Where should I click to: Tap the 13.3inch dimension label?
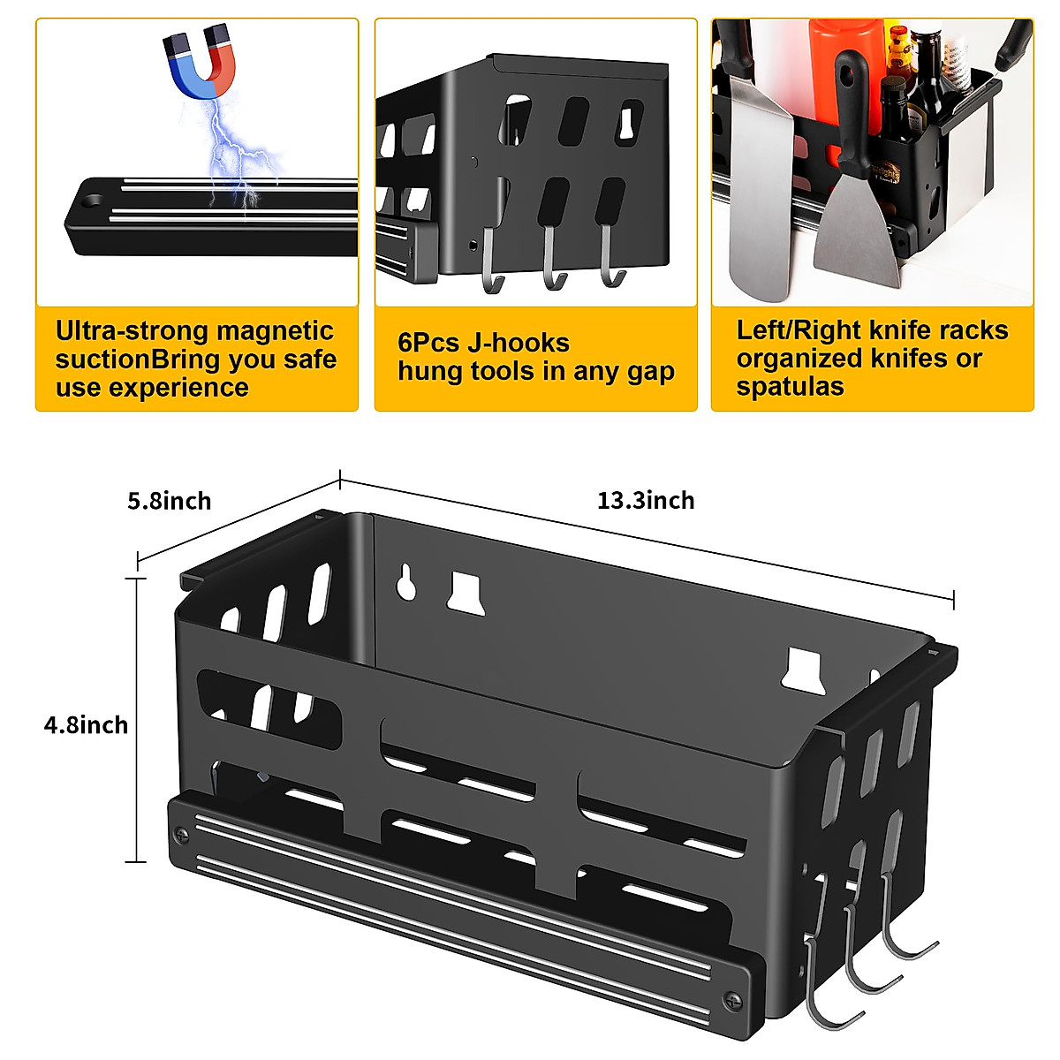pos(646,501)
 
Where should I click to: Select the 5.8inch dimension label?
pos(170,502)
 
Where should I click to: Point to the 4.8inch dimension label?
pos(87,725)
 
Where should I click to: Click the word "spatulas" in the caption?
pos(790,387)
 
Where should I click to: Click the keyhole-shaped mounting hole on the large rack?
pos(406,583)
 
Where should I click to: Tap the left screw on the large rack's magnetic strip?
pos(181,833)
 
